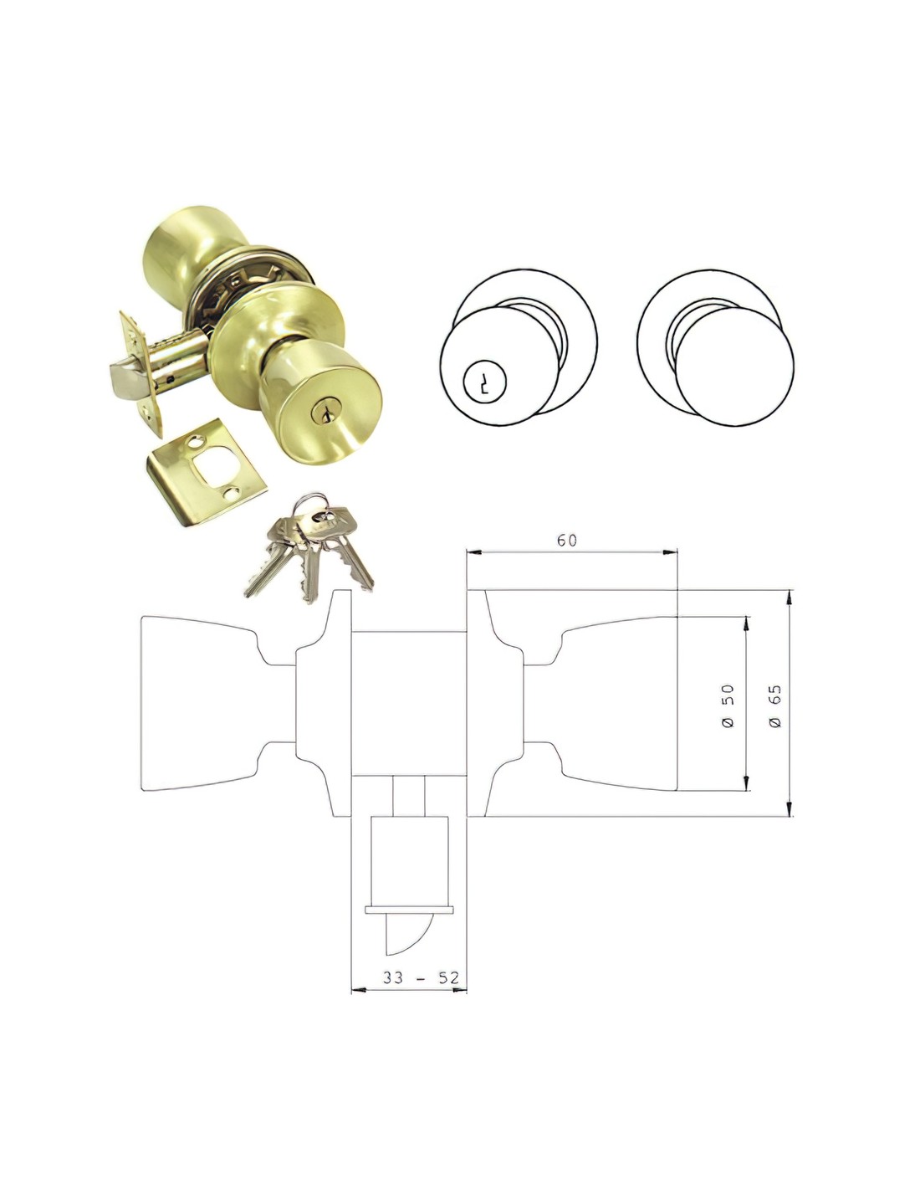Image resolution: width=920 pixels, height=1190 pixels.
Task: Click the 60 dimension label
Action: pyautogui.click(x=566, y=541)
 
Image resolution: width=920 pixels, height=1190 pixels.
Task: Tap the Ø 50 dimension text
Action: pyautogui.click(x=728, y=706)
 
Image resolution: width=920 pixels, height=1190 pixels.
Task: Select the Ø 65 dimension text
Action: pyautogui.click(x=775, y=706)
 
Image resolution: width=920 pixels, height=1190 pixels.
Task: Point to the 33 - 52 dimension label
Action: pyautogui.click(x=421, y=977)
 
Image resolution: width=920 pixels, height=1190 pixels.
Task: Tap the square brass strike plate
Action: pyautogui.click(x=206, y=472)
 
